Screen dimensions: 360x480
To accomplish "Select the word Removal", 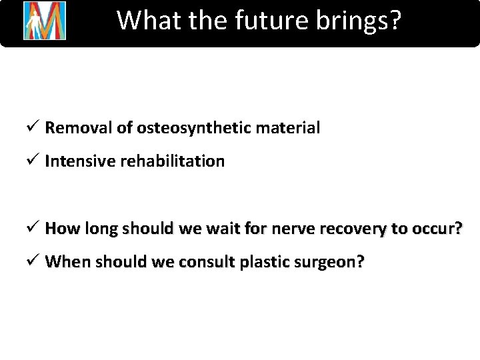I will (69, 127).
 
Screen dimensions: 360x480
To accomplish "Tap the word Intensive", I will (71, 161).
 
